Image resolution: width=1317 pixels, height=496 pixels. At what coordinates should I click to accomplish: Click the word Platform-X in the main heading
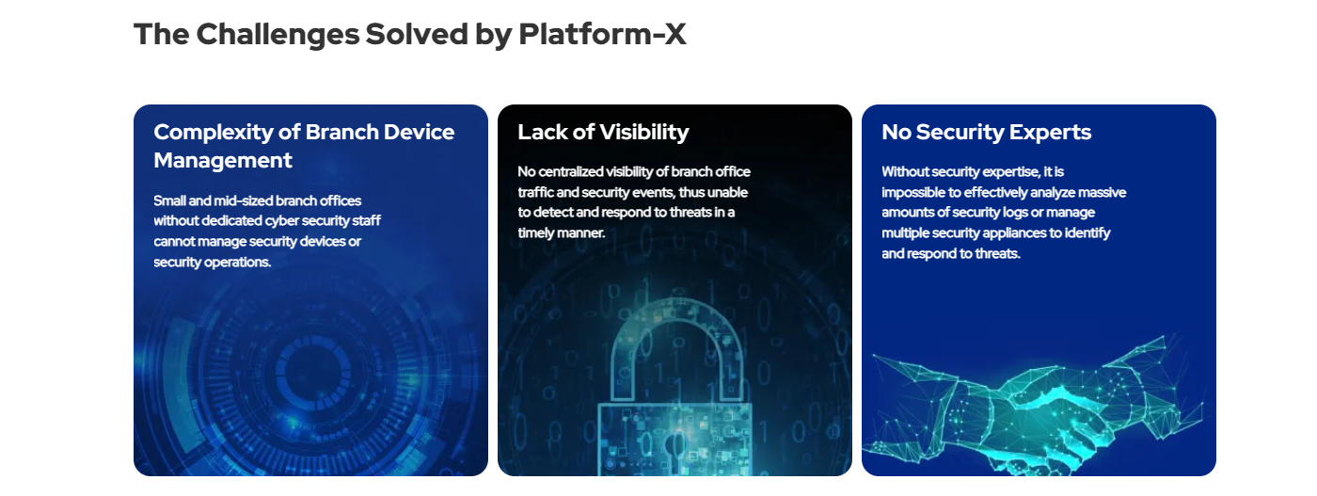(602, 34)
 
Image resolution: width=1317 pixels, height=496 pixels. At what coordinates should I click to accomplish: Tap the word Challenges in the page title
(278, 35)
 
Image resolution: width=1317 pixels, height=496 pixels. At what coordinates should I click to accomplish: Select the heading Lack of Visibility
(603, 133)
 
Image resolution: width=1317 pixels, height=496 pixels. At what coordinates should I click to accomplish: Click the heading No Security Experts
(986, 133)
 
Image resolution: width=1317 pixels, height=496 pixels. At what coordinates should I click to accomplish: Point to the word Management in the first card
(223, 161)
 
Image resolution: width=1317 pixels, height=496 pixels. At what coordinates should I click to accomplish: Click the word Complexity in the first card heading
(214, 133)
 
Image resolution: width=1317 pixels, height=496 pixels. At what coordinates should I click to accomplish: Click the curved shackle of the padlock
(677, 312)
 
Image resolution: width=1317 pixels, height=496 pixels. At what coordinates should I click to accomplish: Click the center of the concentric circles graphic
(309, 370)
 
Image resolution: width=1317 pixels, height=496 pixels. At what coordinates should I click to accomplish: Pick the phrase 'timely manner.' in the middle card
(561, 233)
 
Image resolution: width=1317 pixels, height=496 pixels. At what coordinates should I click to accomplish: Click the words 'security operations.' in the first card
(213, 263)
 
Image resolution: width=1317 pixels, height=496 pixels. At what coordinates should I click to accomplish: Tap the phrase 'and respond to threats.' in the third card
(951, 253)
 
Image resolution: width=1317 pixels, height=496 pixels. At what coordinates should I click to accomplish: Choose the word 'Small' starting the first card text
(169, 200)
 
